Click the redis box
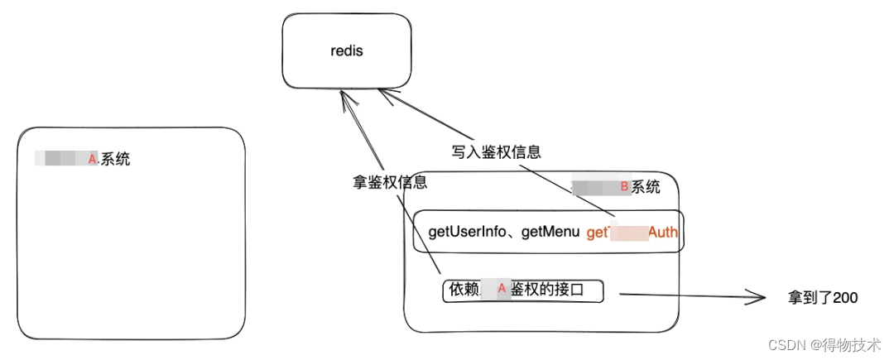click(x=346, y=51)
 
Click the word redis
click(x=346, y=51)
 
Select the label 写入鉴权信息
click(x=496, y=152)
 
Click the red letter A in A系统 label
click(x=92, y=158)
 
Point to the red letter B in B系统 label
click(x=625, y=187)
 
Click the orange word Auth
click(x=663, y=232)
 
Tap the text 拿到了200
click(x=822, y=298)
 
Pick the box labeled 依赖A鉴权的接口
click(x=523, y=290)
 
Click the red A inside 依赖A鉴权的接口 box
click(x=501, y=289)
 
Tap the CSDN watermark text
click(x=786, y=344)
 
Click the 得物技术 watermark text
click(x=857, y=344)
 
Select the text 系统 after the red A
click(x=115, y=159)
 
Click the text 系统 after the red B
click(x=646, y=187)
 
